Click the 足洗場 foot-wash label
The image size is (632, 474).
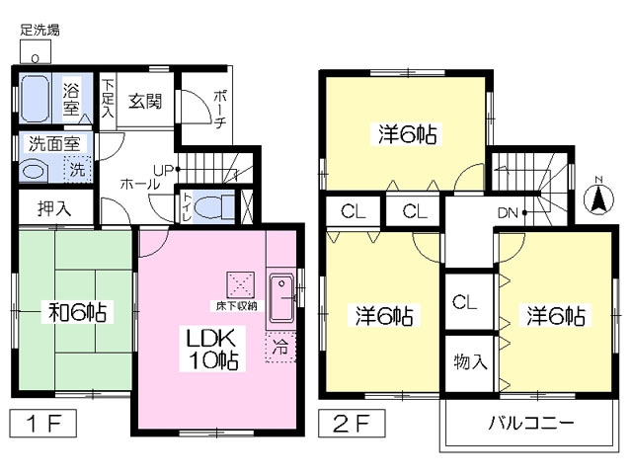[x=39, y=31]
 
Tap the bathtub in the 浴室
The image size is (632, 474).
[x=36, y=99]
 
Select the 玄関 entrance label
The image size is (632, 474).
[x=145, y=101]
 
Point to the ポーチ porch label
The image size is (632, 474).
[x=220, y=109]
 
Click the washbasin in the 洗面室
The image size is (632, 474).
[x=34, y=171]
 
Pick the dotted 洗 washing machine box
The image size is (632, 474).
[x=77, y=169]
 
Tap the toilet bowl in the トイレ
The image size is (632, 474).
[x=214, y=207]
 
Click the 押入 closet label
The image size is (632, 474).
[x=54, y=208]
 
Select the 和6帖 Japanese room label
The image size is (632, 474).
[x=78, y=312]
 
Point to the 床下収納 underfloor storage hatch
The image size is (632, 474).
[x=241, y=285]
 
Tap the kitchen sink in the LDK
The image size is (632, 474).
[x=281, y=297]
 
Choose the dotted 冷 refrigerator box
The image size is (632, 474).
[x=280, y=347]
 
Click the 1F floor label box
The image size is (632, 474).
[x=43, y=424]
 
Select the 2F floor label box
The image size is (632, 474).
[x=352, y=424]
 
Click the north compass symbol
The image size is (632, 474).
[x=599, y=197]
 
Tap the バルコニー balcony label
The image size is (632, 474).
[x=531, y=423]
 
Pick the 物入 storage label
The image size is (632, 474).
[x=470, y=361]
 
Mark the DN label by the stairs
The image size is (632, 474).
[x=508, y=213]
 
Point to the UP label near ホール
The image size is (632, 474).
[x=163, y=170]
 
